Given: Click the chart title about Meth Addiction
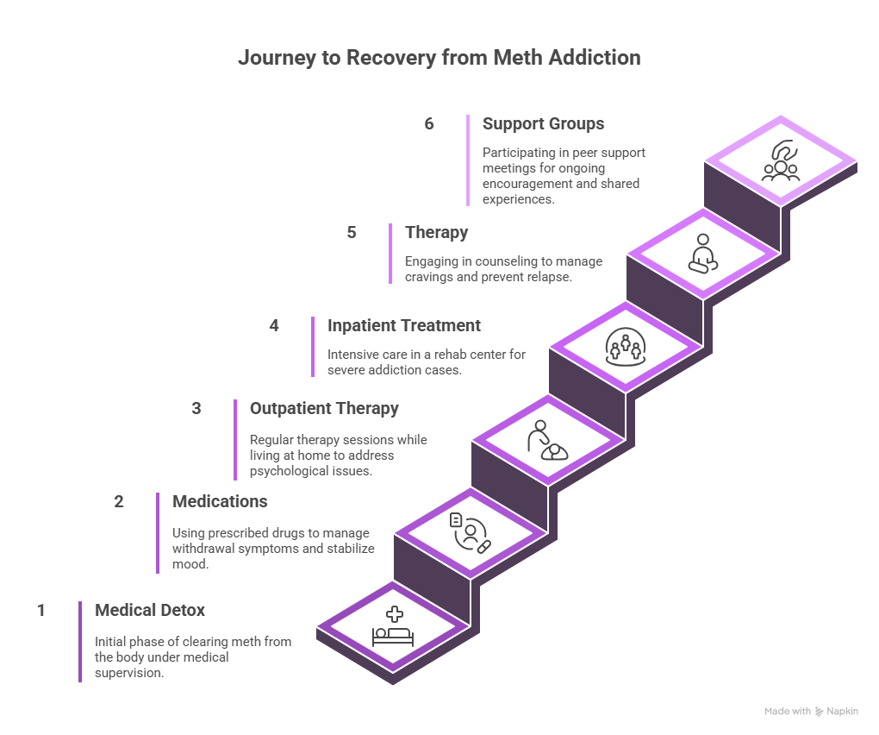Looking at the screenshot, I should coord(439,59).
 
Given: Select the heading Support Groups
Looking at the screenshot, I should coord(543,124).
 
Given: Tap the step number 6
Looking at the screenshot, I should coord(429,124).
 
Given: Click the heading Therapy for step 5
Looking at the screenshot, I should coord(437,233).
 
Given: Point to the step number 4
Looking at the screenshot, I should coord(274,326).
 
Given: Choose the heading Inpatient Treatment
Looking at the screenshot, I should coord(403,326).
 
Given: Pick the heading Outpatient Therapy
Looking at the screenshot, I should coord(324,409).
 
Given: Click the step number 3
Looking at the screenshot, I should coord(196,409).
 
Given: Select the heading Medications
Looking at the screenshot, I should coord(220,502).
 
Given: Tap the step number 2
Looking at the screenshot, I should coord(119,502).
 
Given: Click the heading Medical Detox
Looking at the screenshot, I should coord(150,611).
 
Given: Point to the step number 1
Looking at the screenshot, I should coord(41,611).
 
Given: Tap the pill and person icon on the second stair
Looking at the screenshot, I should coord(471,533).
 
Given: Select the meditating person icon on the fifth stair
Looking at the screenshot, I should coord(703,254).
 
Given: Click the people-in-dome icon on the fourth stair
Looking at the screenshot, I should coord(626,348).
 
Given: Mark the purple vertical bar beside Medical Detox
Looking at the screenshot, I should coord(80,642).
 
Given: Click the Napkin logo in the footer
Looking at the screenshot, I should coord(831,712).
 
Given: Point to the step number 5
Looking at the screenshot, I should coord(352,233).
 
